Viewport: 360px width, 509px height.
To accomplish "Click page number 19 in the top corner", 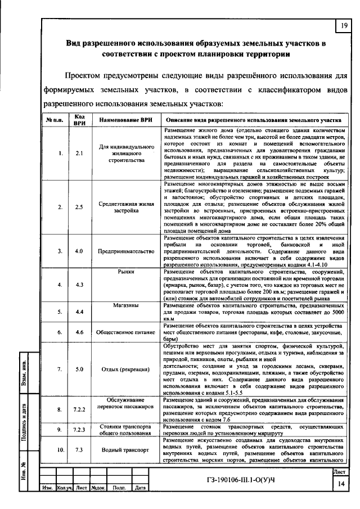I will pos(343,25).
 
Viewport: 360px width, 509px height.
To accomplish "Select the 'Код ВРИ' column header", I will pos(79,120).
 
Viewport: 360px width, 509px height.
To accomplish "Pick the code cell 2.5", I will pos(79,206).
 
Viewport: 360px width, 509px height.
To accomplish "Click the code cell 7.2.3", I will pos(79,430).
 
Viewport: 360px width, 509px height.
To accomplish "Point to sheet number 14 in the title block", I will pos(340,484).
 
